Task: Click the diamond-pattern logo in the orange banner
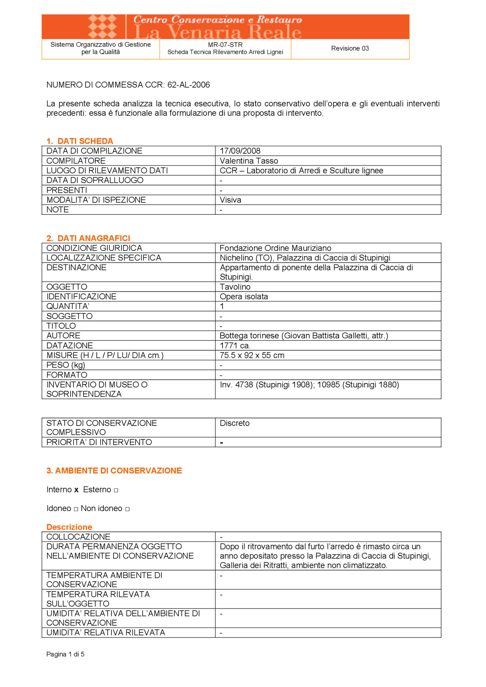tap(102, 26)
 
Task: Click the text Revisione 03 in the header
tap(350, 48)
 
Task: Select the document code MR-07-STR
tap(225, 45)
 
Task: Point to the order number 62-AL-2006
tap(188, 85)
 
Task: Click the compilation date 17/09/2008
tap(240, 151)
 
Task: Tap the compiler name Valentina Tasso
tap(249, 161)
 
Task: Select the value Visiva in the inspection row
tap(230, 200)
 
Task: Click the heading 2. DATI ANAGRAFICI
tap(88, 238)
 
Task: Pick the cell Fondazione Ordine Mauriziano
tap(275, 248)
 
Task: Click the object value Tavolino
tap(235, 287)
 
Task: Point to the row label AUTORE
tap(63, 336)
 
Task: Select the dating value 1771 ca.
tap(235, 346)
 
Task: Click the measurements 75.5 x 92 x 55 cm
tap(252, 355)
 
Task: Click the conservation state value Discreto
tap(235, 423)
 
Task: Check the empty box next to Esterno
tap(116, 490)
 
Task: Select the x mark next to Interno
tap(76, 490)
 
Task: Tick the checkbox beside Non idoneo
tap(127, 509)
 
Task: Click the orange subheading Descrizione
tap(69, 527)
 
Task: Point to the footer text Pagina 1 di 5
tap(65, 654)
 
